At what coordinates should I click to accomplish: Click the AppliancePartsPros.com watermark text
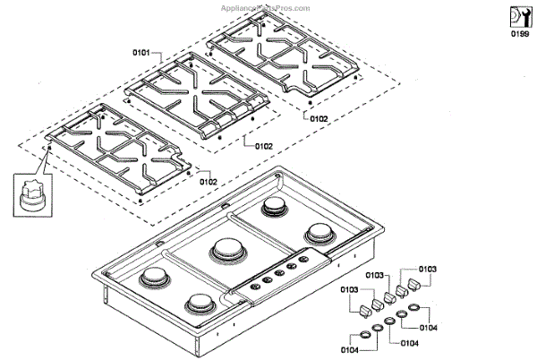coord(268,7)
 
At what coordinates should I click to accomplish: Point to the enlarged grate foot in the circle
coord(31,195)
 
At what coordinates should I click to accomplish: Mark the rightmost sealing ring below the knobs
coord(413,308)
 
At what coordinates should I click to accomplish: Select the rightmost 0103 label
coord(428,269)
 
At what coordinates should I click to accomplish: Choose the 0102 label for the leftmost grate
coord(208,182)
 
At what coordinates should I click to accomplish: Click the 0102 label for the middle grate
coord(264,145)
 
